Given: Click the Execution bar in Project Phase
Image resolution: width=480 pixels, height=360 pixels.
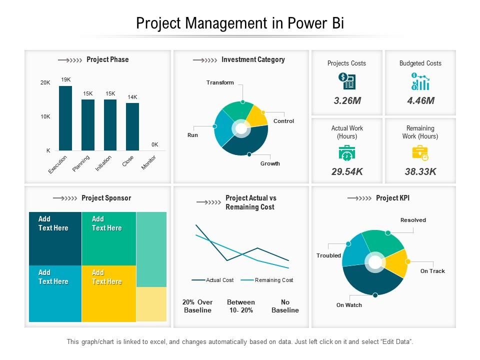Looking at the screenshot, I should pos(65,118).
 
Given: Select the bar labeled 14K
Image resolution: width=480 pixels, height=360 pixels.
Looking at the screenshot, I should pos(132,126).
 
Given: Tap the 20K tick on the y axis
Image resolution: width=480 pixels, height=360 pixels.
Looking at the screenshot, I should pos(45,82).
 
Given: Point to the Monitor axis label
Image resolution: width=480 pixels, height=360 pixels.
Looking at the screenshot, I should pos(148,162).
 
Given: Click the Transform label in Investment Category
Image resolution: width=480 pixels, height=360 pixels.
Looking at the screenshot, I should pos(220,82).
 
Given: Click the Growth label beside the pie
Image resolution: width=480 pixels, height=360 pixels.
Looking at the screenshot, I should pos(270,163).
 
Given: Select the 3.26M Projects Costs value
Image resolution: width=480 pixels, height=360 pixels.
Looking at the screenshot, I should pos(347,100).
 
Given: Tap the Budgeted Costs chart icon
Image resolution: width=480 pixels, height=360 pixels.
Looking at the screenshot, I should pos(420,81).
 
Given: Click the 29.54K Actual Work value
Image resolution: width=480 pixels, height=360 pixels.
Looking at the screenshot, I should pos(347,172).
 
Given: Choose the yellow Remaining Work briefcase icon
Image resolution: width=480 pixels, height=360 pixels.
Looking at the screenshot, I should pos(420,153).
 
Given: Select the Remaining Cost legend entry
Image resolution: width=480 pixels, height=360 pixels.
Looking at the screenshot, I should pos(273,280).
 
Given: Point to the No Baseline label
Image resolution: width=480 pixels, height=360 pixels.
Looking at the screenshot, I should pos(285,306).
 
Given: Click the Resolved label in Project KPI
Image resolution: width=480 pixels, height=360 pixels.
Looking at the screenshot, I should pos(413,220).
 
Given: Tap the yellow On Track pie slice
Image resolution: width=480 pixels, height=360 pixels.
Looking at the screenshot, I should pos(396,261).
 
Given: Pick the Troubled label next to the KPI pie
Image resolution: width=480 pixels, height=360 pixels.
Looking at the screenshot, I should pos(328,255).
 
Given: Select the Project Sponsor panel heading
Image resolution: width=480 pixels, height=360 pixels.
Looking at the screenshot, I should pos(106,198).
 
